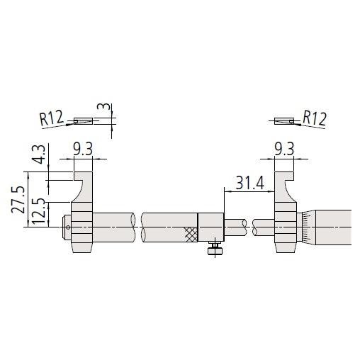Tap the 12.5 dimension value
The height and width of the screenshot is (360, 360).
[38, 211]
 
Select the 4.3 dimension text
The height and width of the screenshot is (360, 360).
[38, 154]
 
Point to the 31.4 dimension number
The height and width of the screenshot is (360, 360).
[249, 183]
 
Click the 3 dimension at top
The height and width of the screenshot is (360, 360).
[103, 106]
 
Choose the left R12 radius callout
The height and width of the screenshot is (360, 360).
[52, 118]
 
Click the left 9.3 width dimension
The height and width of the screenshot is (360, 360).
[83, 149]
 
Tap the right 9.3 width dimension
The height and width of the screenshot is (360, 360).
[284, 149]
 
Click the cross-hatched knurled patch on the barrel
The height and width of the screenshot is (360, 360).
[191, 235]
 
